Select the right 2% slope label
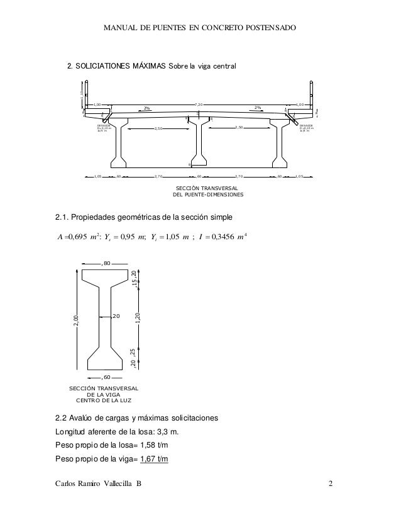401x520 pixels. (x=258, y=108)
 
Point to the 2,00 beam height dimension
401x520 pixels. (x=75, y=321)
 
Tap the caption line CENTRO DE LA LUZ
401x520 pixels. (x=104, y=400)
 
